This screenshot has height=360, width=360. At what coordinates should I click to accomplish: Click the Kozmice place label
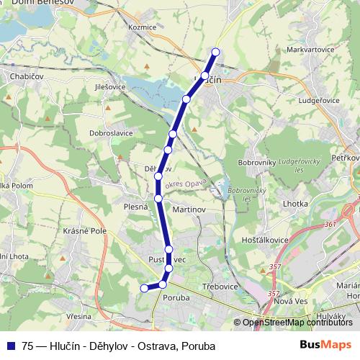point(141,27)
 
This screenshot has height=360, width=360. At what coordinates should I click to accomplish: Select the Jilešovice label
point(110,86)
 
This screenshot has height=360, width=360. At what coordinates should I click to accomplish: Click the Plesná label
point(135,206)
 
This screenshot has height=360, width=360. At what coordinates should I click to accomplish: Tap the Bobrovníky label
point(256,163)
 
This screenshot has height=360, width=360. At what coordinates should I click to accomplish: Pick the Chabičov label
point(23,75)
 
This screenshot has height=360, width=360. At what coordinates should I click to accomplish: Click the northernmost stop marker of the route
point(215,51)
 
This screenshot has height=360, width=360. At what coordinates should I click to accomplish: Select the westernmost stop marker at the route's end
point(144,288)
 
